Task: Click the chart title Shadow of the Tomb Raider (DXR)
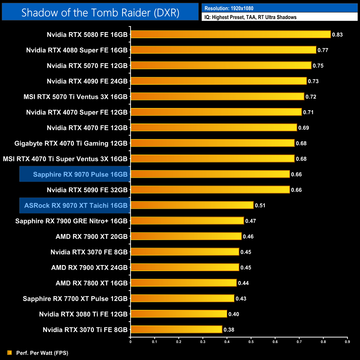click(x=100, y=12)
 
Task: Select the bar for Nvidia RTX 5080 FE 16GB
click(x=231, y=34)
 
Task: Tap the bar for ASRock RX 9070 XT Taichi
click(x=192, y=205)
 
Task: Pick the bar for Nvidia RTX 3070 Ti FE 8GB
click(x=176, y=330)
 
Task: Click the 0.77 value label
click(x=323, y=50)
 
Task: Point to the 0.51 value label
click(x=260, y=205)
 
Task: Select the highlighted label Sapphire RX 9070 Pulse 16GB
click(x=80, y=174)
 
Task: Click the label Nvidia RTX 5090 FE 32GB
click(x=87, y=190)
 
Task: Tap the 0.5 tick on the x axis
click(x=251, y=342)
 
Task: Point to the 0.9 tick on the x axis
click(x=347, y=342)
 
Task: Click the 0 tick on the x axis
click(x=130, y=342)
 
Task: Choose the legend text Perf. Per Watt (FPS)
click(x=42, y=353)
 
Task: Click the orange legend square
click(x=10, y=353)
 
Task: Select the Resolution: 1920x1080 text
click(x=229, y=8)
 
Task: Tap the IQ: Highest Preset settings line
click(x=250, y=17)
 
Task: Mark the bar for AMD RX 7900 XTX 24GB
click(x=185, y=267)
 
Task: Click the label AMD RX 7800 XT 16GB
click(x=91, y=283)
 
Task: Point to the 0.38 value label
click(x=229, y=330)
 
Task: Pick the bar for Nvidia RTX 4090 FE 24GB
click(x=218, y=81)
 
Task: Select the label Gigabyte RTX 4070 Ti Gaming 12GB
click(x=71, y=143)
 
